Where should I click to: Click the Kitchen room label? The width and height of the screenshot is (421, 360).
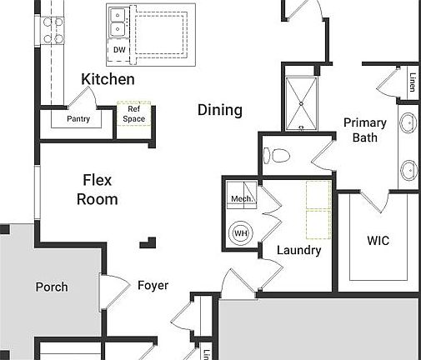point(108,80)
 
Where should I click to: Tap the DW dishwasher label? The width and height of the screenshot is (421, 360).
point(119,50)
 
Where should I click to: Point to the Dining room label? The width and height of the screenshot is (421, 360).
point(220,110)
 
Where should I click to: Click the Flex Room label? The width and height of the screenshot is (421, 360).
point(97,189)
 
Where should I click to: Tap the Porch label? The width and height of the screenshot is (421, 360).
point(52,287)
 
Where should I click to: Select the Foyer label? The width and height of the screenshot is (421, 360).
point(153,286)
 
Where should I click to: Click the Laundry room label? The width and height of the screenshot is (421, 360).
point(298,250)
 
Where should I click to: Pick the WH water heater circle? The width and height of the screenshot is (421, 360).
point(241,232)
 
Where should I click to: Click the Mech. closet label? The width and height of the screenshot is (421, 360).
point(241,199)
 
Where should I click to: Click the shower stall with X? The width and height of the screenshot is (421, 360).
point(302,103)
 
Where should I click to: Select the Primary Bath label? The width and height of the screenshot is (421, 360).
point(365,130)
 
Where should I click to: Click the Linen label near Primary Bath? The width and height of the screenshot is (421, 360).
point(412,83)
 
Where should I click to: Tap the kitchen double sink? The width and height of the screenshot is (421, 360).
point(118,22)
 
